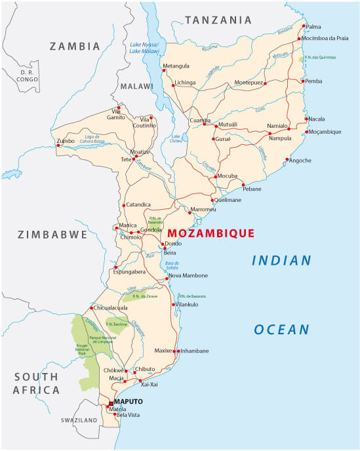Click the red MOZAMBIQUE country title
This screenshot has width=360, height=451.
210,233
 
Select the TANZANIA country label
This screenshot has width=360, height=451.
218,21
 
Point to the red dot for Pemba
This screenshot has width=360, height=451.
302,81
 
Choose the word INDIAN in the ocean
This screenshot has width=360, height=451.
282,261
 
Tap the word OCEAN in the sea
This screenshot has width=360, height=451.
282,329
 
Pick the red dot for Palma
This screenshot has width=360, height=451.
303,26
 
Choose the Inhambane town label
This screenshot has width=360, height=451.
194,351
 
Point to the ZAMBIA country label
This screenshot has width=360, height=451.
75,47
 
